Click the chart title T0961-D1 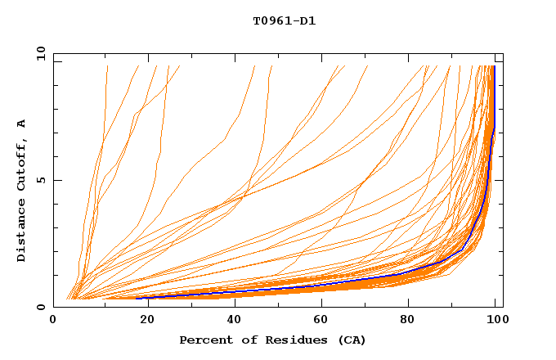[284, 21]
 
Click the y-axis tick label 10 [40, 53]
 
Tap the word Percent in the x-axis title [205, 340]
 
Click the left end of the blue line [137, 298]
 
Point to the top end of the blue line [494, 65]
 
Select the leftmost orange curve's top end [107, 65]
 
